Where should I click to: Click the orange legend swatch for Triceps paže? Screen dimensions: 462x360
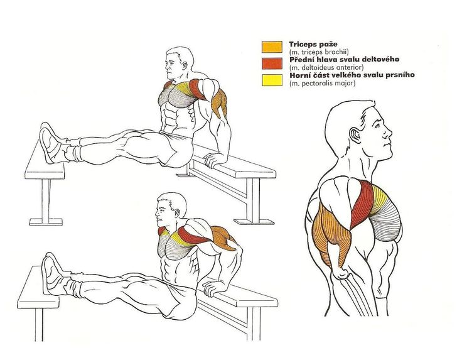point(272,47)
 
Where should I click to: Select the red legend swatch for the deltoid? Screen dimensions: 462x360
point(272,63)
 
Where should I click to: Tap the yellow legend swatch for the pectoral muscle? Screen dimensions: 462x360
point(272,80)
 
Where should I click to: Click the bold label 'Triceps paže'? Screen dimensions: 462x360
point(313,45)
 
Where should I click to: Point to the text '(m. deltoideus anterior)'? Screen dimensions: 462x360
point(323,67)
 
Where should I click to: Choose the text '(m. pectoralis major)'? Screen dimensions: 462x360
point(323,83)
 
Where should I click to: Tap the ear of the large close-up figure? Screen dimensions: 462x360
point(355,136)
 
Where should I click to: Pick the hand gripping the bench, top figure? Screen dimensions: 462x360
point(213,160)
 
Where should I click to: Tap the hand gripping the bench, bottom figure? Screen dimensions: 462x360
point(213,288)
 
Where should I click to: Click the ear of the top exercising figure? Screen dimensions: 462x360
point(185,65)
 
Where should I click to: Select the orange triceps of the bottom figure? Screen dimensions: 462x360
point(223,236)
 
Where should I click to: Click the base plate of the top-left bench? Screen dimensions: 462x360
point(46,222)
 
